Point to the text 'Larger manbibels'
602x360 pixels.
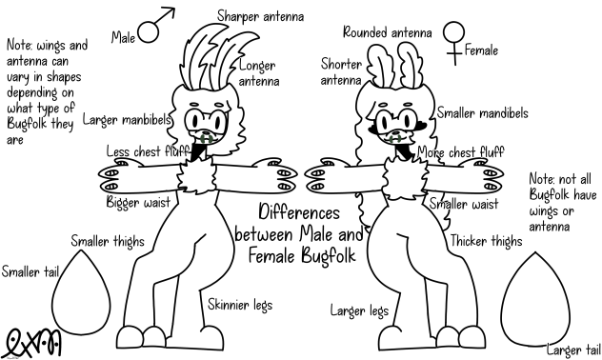click(x=127, y=120)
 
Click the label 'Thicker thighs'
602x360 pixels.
click(x=486, y=242)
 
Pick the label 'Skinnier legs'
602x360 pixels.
click(x=240, y=305)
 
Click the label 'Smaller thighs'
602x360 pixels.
click(x=107, y=242)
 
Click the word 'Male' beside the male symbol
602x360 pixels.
click(x=124, y=38)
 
